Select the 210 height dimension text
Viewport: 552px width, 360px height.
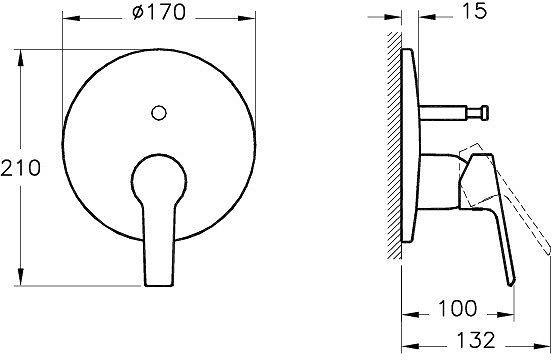pos(23,168)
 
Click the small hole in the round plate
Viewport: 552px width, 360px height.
pos(159,113)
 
